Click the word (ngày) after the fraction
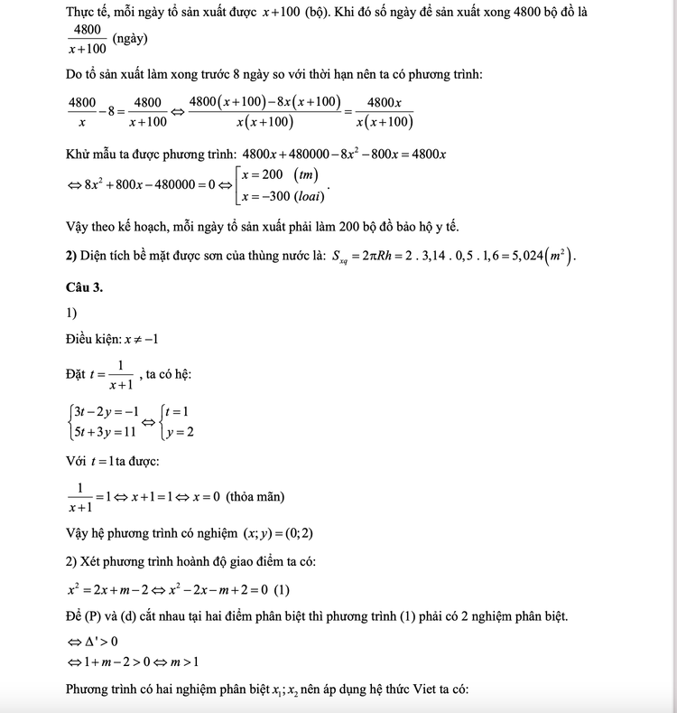point(131,40)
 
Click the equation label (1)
point(282,591)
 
